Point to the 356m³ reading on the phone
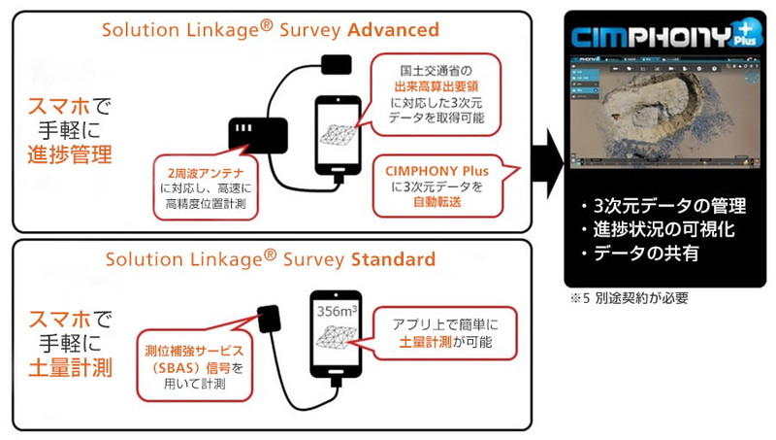click(337, 312)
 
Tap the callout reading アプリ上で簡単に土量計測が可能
click(443, 332)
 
